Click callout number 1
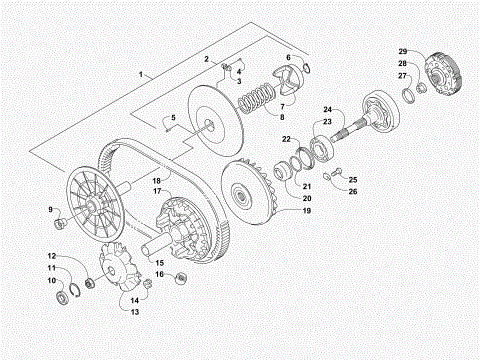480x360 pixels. [142, 74]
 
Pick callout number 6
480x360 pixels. [286, 58]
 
